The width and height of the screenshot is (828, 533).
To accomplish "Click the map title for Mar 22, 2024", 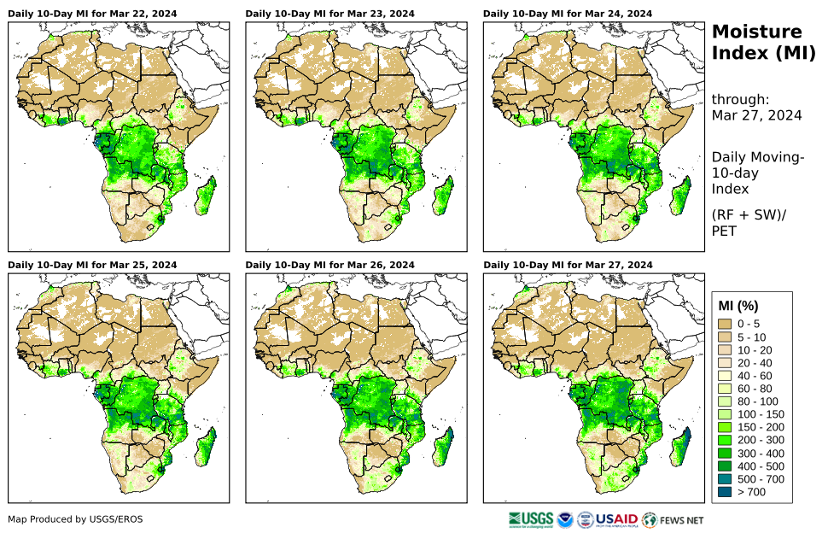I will (x=92, y=14).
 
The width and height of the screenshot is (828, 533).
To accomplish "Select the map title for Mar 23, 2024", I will (x=330, y=14).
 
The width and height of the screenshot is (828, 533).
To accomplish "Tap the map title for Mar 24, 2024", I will (x=568, y=14).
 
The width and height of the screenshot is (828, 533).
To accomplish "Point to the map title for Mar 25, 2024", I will (x=92, y=265).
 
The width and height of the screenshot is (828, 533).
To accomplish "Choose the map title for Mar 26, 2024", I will (x=330, y=265).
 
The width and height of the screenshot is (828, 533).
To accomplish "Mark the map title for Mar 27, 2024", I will (x=568, y=265).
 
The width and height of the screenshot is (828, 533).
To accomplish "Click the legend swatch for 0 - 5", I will (x=726, y=324).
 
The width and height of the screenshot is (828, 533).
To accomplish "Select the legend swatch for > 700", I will (x=726, y=491).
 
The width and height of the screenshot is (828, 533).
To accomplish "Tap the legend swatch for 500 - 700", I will (x=726, y=478).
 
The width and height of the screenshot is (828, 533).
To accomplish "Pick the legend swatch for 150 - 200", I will (x=726, y=427).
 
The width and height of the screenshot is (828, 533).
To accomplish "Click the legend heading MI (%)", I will (x=738, y=305).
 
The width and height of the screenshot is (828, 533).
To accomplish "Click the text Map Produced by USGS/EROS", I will (x=75, y=519).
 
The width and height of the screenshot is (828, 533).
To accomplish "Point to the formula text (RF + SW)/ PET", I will (x=747, y=222).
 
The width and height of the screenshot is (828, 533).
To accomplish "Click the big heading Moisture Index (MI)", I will (x=757, y=43).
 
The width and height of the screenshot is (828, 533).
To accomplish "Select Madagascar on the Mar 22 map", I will (x=206, y=195).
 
